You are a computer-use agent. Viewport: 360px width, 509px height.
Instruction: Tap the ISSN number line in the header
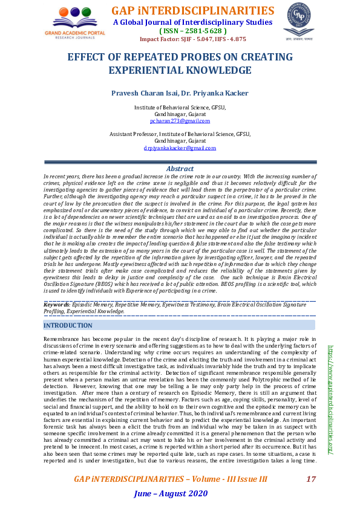(192, 31)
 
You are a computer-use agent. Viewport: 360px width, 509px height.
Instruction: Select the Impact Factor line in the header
(192, 39)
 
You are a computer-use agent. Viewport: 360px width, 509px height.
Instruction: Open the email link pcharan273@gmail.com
(180, 121)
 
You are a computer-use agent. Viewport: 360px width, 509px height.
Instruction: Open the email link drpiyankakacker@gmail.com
(180, 148)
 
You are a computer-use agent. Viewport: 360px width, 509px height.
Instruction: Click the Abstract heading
(180, 169)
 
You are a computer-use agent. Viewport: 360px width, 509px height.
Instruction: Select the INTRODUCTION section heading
(68, 325)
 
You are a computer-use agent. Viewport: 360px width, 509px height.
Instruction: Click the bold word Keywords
(57, 305)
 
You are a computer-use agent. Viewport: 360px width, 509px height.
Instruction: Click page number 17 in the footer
(311, 479)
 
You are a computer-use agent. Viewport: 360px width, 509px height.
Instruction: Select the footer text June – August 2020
(171, 494)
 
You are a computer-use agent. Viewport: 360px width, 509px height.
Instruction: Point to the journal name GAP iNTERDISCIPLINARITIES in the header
(192, 11)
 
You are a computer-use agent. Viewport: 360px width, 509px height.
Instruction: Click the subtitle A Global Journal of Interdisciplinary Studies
(192, 22)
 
